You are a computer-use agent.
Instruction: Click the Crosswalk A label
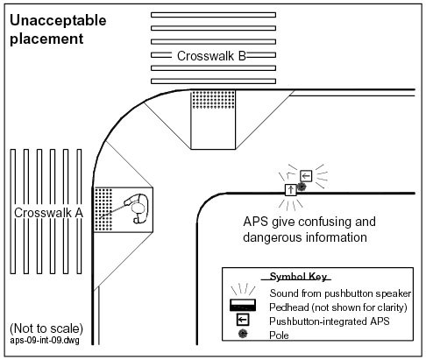coord(48,213)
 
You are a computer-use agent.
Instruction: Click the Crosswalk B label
coord(211,56)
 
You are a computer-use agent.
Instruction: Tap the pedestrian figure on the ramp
coord(137,208)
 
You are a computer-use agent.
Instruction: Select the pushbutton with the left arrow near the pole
coord(306,176)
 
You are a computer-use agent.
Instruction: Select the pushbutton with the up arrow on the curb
coord(291,190)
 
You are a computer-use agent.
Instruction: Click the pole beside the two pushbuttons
coord(302,187)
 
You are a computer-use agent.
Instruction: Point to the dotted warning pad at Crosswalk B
coord(213,100)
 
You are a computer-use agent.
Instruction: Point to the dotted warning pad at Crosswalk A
coord(103,209)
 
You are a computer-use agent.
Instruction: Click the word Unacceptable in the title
coord(58,21)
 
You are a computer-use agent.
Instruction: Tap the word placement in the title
coord(46,39)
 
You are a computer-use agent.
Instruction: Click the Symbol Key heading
coord(298,277)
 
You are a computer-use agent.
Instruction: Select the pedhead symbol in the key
coord(243,305)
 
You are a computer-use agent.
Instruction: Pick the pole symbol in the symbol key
coord(243,334)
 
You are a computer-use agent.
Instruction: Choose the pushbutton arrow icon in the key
coord(243,320)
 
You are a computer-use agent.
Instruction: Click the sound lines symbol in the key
coord(243,289)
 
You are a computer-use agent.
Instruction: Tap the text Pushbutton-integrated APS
coord(330,321)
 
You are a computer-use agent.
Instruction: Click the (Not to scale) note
coord(46,328)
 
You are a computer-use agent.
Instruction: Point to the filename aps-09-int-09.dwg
coord(45,341)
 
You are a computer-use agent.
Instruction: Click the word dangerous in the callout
coord(272,237)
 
